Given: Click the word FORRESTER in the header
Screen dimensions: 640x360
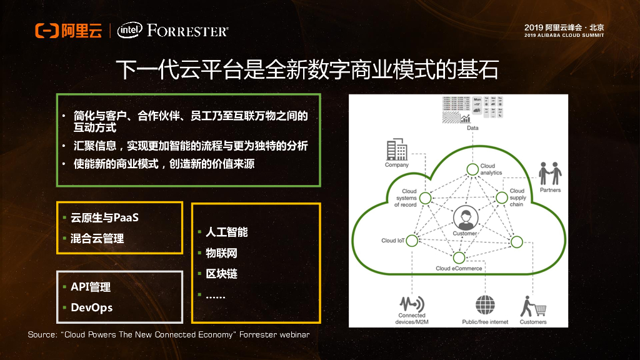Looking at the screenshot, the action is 188,31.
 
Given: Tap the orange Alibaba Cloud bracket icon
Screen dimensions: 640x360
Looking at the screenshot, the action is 46,31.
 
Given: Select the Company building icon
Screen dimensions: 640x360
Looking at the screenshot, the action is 396,150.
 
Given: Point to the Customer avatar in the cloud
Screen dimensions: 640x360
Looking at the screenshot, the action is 464,218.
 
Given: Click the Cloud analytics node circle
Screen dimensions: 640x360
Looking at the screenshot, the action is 472,169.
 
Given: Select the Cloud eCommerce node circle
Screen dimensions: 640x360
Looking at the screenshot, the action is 459,257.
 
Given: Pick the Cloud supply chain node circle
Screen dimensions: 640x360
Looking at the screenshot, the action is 501,198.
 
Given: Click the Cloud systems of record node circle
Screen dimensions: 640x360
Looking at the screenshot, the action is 426,198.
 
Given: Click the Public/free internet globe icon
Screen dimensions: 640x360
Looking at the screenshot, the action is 485,306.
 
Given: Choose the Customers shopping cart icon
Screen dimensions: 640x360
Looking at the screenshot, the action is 533,306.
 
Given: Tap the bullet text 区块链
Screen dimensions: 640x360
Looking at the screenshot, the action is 221,274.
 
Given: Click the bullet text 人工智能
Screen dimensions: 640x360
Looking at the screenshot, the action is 226,232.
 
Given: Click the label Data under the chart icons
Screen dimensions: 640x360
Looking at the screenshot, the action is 473,128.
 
